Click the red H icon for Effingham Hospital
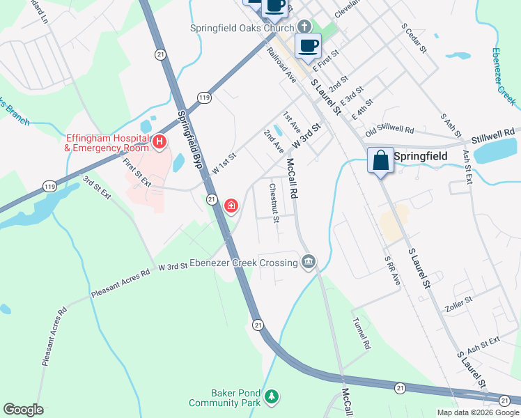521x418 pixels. click(160, 142)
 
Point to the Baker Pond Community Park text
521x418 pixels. click(224, 398)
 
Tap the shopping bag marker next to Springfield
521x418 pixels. click(380, 160)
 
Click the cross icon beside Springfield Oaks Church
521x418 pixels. click(303, 27)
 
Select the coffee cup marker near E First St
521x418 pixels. click(308, 46)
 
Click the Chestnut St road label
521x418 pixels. click(274, 202)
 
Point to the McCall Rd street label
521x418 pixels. click(292, 179)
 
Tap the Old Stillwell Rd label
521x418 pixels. click(389, 130)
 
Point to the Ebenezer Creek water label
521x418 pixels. click(504, 77)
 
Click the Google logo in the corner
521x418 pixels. click(23, 410)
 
